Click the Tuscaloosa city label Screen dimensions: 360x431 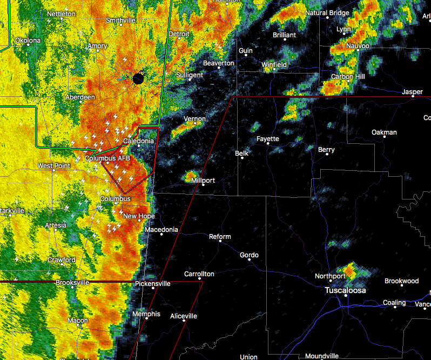[x=345, y=291]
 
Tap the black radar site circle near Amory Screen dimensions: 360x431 [x=138, y=79]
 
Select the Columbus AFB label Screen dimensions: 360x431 [x=107, y=158]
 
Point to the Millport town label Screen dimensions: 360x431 [x=203, y=180]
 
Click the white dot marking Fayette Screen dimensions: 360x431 [x=268, y=145]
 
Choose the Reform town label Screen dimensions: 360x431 [x=220, y=237]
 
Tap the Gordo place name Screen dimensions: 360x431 [x=249, y=255]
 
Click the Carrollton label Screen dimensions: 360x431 [x=199, y=274]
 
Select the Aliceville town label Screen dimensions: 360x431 [x=184, y=316]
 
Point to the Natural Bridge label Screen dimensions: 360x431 [x=328, y=12]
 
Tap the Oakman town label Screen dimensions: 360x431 [x=384, y=132]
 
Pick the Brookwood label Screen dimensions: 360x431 [x=401, y=281]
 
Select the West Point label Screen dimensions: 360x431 [x=53, y=165]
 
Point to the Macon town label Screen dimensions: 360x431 [x=78, y=321]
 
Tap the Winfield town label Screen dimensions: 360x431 [x=274, y=65]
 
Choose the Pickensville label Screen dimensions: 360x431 [x=153, y=283]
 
